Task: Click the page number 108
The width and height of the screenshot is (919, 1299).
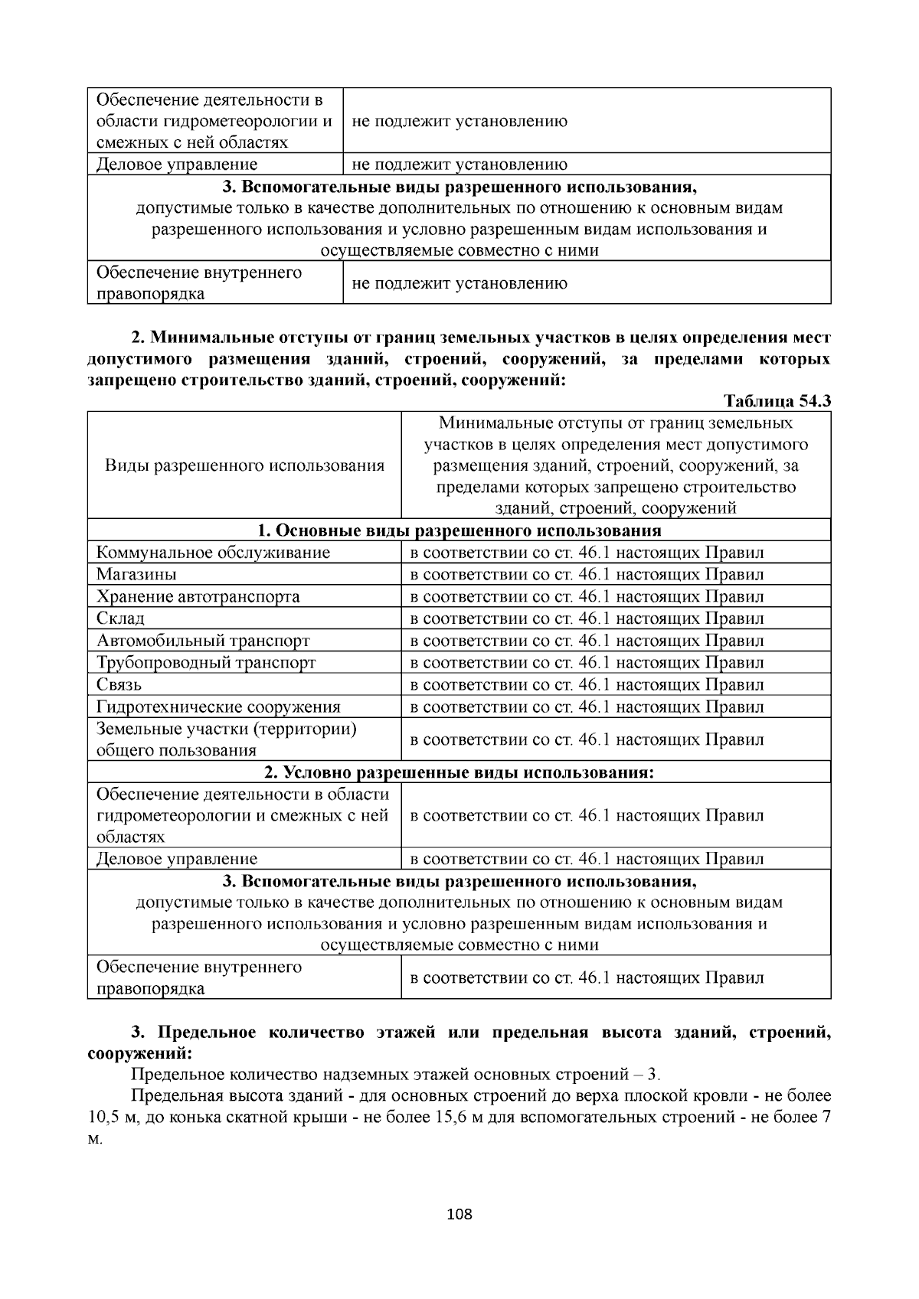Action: (x=459, y=1214)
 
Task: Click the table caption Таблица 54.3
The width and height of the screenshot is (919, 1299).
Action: (x=777, y=401)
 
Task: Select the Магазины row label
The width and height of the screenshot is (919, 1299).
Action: (x=136, y=574)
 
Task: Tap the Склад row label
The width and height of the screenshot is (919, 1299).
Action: (x=120, y=618)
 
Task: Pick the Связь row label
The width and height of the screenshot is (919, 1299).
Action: (x=119, y=684)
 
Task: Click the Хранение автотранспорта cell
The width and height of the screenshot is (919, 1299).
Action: (x=198, y=596)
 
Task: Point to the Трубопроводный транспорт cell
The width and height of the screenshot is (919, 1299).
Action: (x=206, y=662)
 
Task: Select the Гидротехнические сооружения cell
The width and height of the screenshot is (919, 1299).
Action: (x=218, y=707)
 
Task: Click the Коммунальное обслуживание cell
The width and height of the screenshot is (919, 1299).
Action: (x=213, y=552)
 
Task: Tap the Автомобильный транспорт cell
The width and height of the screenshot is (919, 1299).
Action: (x=203, y=640)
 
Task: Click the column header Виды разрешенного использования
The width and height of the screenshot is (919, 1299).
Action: (x=244, y=465)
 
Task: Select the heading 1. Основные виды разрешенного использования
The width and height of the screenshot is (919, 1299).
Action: (x=459, y=530)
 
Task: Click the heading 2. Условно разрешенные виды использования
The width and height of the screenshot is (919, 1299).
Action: (x=459, y=772)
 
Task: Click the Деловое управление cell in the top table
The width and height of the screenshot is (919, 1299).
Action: (x=177, y=164)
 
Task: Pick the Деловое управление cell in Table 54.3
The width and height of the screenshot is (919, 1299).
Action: (x=177, y=859)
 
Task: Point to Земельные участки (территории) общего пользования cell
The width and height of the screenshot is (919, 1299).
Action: (x=226, y=739)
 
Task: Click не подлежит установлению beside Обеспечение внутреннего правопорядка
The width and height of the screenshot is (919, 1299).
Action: (x=459, y=283)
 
